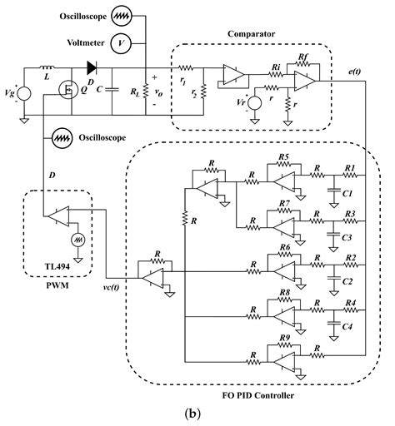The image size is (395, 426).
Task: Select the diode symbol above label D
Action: (90, 68)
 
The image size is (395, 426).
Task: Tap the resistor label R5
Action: (283, 157)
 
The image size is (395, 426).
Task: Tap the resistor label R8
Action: (283, 293)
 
